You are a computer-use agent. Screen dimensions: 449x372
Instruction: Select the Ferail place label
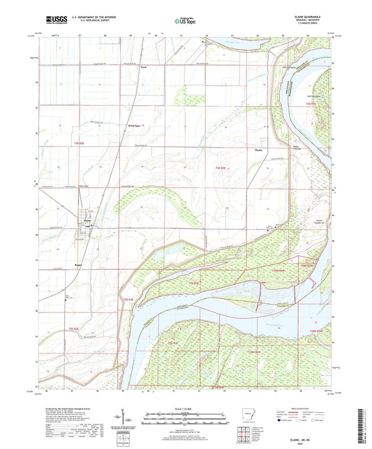tap(144, 68)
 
